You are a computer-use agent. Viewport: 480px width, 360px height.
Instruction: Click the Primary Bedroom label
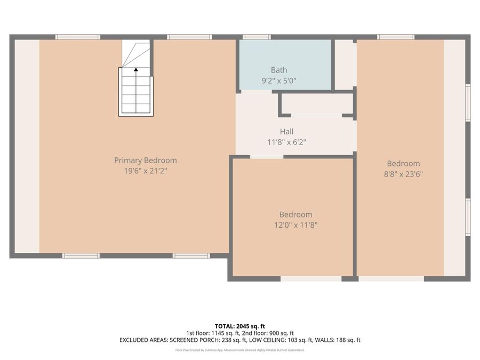(145, 160)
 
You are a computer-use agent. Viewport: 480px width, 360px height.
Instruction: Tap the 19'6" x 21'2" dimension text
(145, 171)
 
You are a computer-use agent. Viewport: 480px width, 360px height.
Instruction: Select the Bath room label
(278, 70)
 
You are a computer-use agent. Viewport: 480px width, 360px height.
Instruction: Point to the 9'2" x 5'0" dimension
(278, 81)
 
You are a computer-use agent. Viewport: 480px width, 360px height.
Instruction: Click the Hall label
(286, 132)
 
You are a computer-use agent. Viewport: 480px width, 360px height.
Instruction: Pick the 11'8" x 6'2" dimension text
(286, 142)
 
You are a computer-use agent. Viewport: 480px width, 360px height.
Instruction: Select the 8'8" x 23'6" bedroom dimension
(403, 174)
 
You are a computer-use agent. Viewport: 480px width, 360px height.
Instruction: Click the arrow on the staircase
(136, 69)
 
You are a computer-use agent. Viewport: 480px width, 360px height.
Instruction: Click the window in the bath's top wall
(257, 37)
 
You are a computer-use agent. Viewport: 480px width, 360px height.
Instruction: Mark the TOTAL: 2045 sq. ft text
(239, 326)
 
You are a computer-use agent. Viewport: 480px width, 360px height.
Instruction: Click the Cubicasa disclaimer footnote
(239, 350)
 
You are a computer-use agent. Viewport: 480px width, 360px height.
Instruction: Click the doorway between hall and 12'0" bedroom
(267, 157)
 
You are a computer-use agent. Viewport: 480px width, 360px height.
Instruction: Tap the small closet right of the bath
(344, 64)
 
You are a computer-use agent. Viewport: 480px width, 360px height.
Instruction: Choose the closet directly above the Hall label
(317, 104)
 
